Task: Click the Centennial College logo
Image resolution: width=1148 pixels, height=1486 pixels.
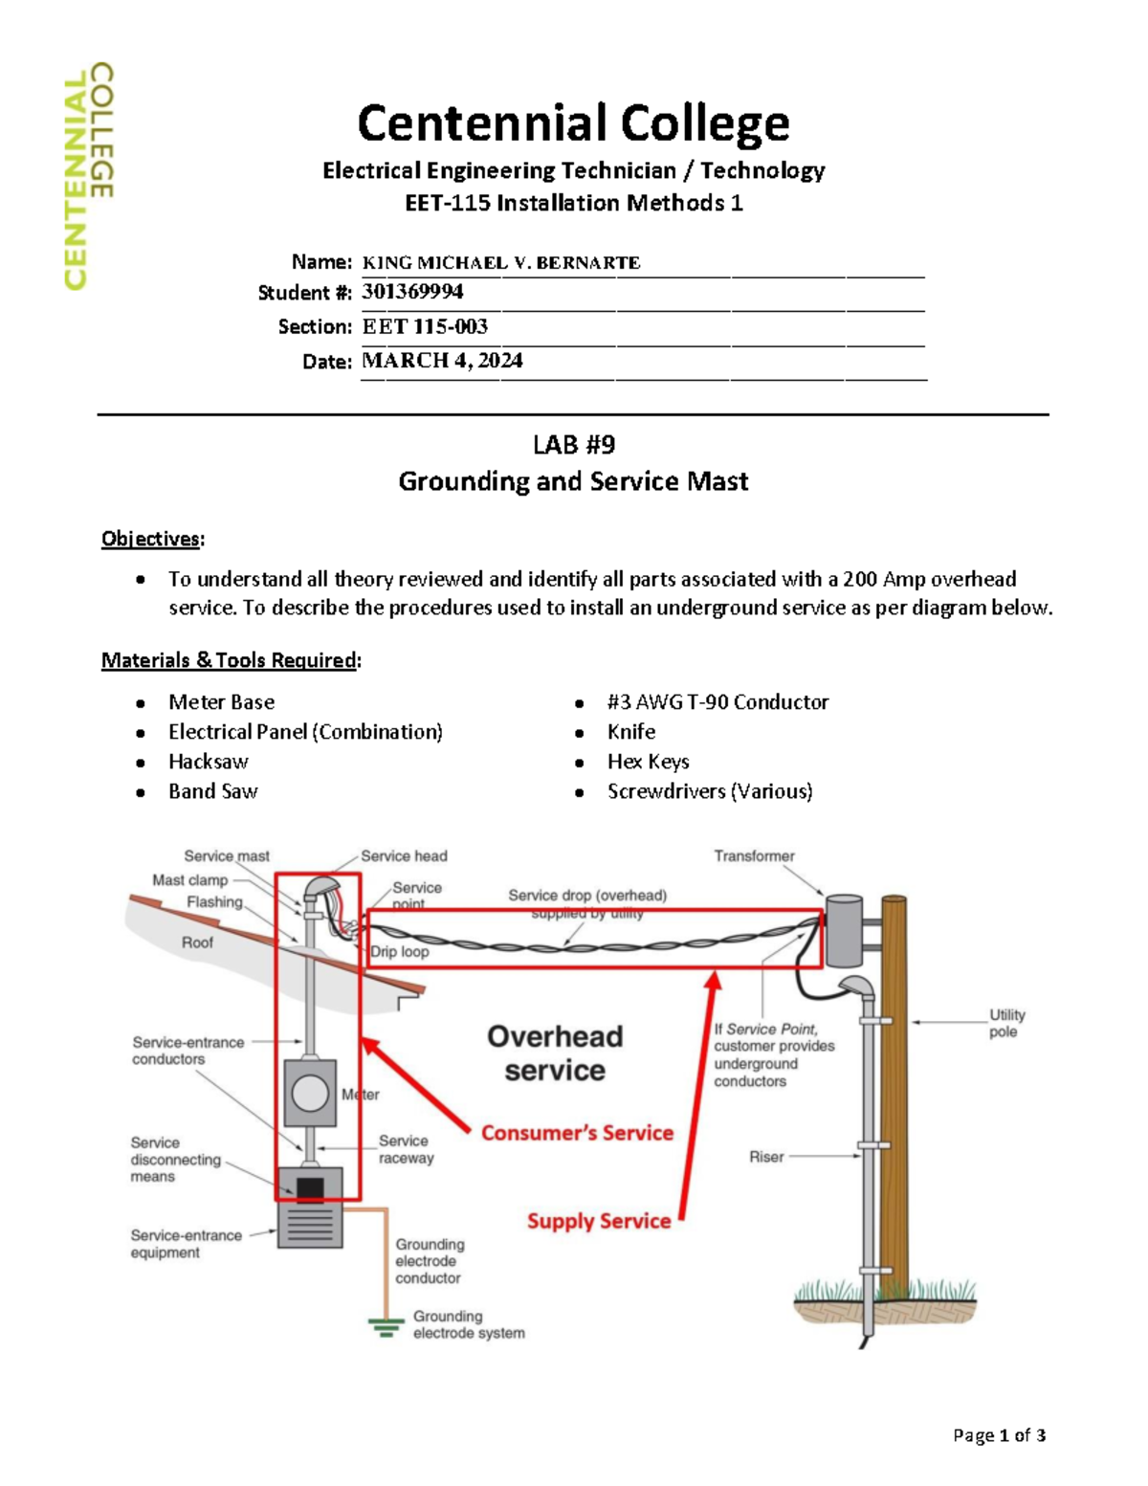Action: tap(89, 176)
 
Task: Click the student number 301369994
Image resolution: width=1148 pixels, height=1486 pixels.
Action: tap(412, 292)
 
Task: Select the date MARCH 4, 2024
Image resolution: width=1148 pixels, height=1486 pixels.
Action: tap(442, 361)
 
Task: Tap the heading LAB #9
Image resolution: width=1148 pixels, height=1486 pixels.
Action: tap(573, 445)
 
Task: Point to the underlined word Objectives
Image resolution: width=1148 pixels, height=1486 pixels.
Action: tap(151, 539)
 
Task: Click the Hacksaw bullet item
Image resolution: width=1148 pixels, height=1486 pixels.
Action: tap(208, 762)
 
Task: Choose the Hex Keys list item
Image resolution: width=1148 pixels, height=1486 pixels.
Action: tap(648, 762)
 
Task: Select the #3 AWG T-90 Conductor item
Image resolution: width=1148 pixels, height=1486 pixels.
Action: tap(717, 702)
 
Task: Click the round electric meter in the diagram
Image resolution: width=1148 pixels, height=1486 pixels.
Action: tap(310, 1093)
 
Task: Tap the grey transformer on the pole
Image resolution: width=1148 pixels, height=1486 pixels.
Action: tap(844, 930)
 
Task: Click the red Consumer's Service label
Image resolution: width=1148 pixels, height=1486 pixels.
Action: tap(577, 1133)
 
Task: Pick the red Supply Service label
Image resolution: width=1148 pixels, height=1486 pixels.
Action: tap(599, 1221)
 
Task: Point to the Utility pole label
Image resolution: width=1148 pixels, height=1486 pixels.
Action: tap(1006, 1023)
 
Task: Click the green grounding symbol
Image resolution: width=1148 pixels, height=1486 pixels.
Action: tap(386, 1327)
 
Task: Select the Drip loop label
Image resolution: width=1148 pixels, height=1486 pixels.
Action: tap(400, 952)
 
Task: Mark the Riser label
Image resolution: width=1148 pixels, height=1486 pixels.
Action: tap(766, 1157)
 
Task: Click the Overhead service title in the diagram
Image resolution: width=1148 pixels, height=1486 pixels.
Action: tap(555, 1053)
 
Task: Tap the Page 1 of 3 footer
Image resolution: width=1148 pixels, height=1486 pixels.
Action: tap(999, 1435)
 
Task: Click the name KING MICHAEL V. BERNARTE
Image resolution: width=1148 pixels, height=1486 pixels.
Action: tap(501, 262)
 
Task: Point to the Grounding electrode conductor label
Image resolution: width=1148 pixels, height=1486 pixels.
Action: tap(430, 1261)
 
